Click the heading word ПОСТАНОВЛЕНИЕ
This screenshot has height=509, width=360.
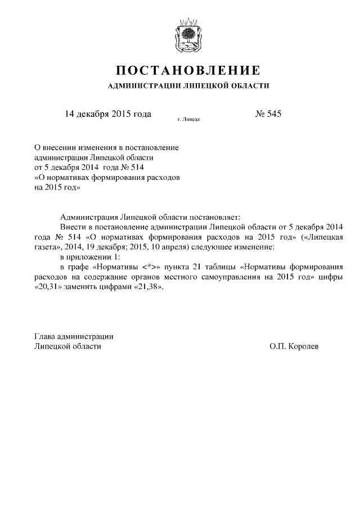click(x=188, y=71)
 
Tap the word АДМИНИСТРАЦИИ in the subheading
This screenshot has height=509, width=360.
click(x=140, y=86)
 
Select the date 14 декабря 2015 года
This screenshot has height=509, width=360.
click(x=109, y=114)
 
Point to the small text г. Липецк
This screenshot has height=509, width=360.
click(x=189, y=119)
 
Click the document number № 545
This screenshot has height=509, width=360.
click(x=268, y=114)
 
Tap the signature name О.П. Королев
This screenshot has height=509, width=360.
click(x=294, y=347)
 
